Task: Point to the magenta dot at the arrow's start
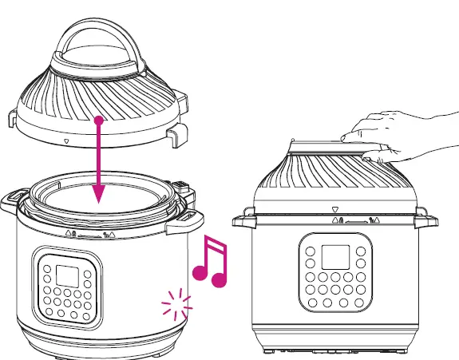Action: [x=98, y=120]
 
